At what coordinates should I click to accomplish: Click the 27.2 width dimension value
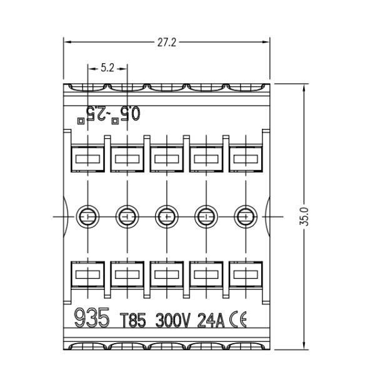pyautogui.click(x=167, y=42)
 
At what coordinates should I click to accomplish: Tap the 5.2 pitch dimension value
pyautogui.click(x=107, y=68)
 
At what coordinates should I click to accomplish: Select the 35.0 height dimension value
pyautogui.click(x=304, y=216)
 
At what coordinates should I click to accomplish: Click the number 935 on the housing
pyautogui.click(x=92, y=317)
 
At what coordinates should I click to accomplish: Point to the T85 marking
pyautogui.click(x=132, y=320)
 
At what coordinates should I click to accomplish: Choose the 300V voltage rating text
pyautogui.click(x=173, y=320)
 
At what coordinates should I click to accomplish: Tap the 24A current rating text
pyautogui.click(x=211, y=320)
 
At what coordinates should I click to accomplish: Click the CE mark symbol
pyautogui.click(x=238, y=319)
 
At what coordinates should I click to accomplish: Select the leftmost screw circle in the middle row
pyautogui.click(x=87, y=217)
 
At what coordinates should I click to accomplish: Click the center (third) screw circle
pyautogui.click(x=167, y=217)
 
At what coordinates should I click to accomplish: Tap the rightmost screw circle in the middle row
pyautogui.click(x=246, y=217)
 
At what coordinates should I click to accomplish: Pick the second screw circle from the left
pyautogui.click(x=127, y=217)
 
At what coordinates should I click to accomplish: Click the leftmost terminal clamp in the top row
pyautogui.click(x=87, y=158)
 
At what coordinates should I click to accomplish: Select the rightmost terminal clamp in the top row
pyautogui.click(x=246, y=158)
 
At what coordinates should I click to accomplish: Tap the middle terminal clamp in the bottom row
pyautogui.click(x=167, y=275)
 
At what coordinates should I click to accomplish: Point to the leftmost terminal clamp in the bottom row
pyautogui.click(x=87, y=275)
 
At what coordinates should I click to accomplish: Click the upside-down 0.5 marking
pyautogui.click(x=130, y=113)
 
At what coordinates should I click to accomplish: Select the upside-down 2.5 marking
pyautogui.click(x=96, y=113)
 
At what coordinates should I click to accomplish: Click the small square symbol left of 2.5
pyautogui.click(x=81, y=121)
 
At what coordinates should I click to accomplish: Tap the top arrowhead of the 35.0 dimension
pyautogui.click(x=304, y=87)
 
